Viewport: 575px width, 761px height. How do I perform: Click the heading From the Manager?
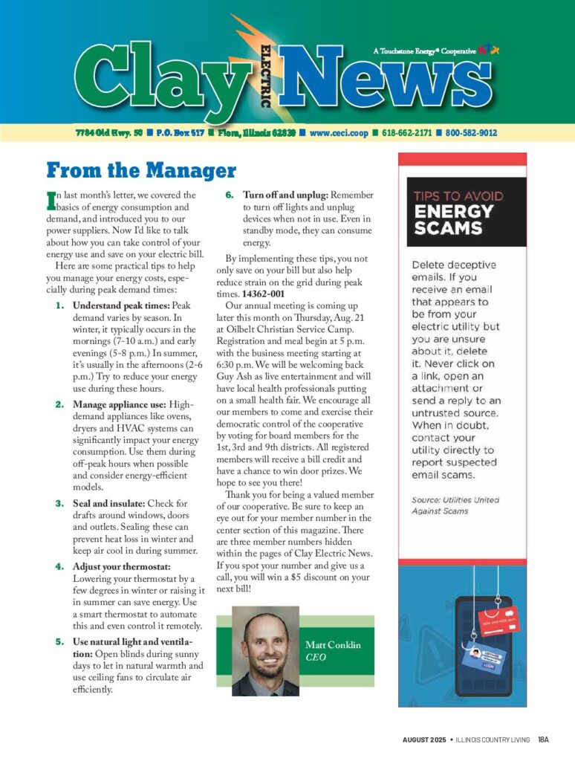(140, 170)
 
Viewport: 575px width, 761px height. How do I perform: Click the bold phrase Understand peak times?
(121, 305)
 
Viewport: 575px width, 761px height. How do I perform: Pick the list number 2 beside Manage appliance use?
(59, 404)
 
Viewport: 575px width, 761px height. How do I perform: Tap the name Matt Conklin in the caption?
(333, 645)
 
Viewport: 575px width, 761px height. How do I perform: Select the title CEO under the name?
(316, 658)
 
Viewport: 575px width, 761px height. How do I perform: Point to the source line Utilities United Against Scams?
(455, 505)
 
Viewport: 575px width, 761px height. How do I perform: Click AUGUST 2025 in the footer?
(424, 739)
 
